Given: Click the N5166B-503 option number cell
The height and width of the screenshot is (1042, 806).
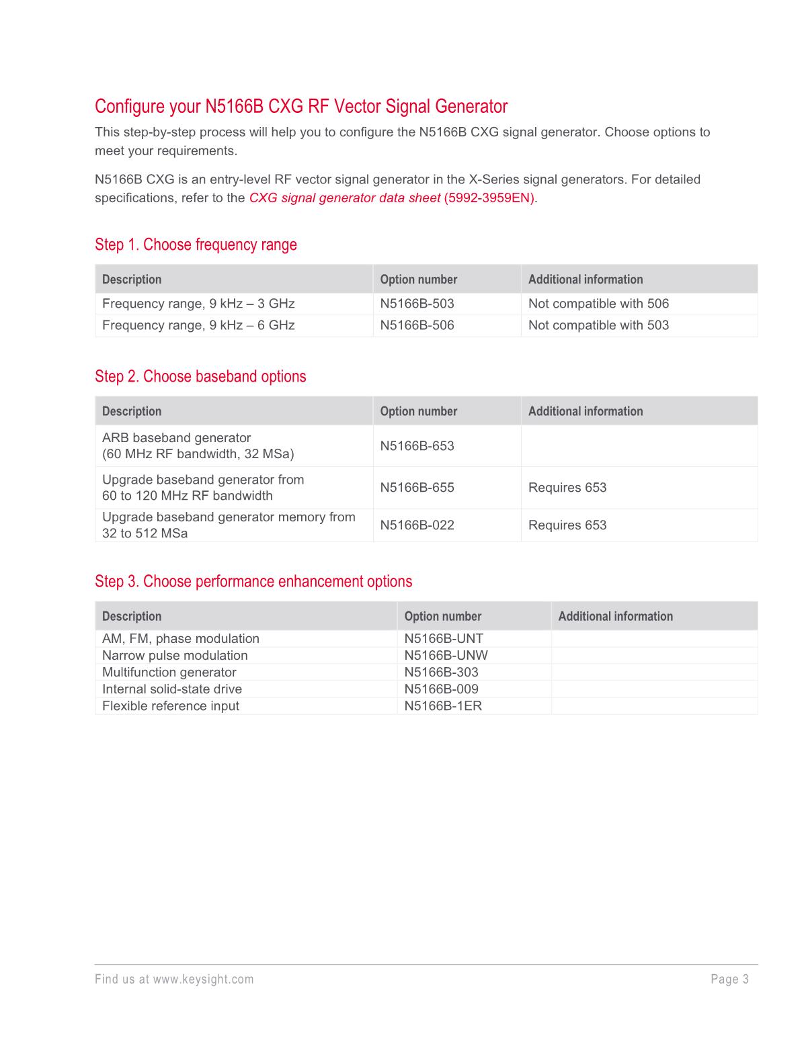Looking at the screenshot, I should click(417, 304).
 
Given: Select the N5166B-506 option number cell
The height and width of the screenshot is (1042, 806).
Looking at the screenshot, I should click(417, 325).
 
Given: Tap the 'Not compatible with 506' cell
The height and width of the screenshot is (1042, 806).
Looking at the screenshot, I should click(598, 304).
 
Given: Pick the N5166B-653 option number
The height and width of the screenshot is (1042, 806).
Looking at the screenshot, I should click(417, 446).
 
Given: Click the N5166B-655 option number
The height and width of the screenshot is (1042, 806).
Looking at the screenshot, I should click(417, 488).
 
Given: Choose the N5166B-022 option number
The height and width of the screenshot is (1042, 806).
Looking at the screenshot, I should click(417, 525).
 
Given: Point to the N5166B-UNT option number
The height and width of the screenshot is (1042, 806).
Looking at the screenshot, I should click(444, 639).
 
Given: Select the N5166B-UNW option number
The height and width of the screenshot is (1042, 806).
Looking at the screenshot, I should click(446, 656).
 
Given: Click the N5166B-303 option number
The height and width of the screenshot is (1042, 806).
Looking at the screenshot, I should click(441, 672).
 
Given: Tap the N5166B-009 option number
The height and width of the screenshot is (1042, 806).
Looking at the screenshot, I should click(441, 689).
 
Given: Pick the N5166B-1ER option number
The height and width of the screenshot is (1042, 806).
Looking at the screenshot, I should click(443, 706).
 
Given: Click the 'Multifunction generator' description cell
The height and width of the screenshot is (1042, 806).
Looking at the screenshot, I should click(169, 672).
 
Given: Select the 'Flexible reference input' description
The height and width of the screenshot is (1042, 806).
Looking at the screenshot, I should click(170, 706).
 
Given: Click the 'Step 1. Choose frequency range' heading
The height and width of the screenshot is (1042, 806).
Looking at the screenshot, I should click(196, 245).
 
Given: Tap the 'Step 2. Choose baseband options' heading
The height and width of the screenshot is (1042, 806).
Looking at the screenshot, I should click(200, 376).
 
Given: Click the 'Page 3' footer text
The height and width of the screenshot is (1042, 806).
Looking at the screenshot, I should click(729, 980).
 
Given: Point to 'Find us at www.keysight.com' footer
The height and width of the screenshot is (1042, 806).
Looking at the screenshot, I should click(174, 980).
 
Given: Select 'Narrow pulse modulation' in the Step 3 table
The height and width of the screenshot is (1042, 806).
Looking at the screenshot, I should click(175, 656).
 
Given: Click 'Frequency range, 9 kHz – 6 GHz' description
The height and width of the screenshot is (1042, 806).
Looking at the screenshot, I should click(198, 325).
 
